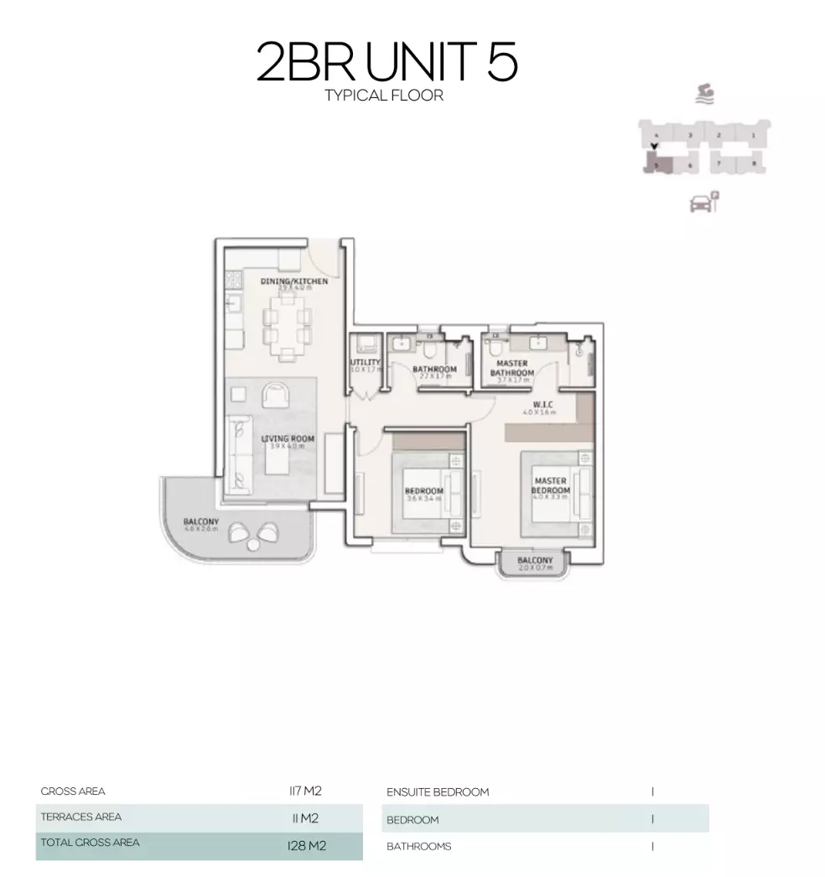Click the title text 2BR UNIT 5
(x=387, y=63)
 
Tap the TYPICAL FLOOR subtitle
(x=384, y=96)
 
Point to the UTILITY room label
(x=366, y=364)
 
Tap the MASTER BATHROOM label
(x=511, y=369)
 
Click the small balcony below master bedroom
(x=535, y=562)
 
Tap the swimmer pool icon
(x=704, y=93)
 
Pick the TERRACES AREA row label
(x=80, y=817)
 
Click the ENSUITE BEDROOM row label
(x=438, y=792)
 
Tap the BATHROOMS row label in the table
(x=418, y=847)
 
